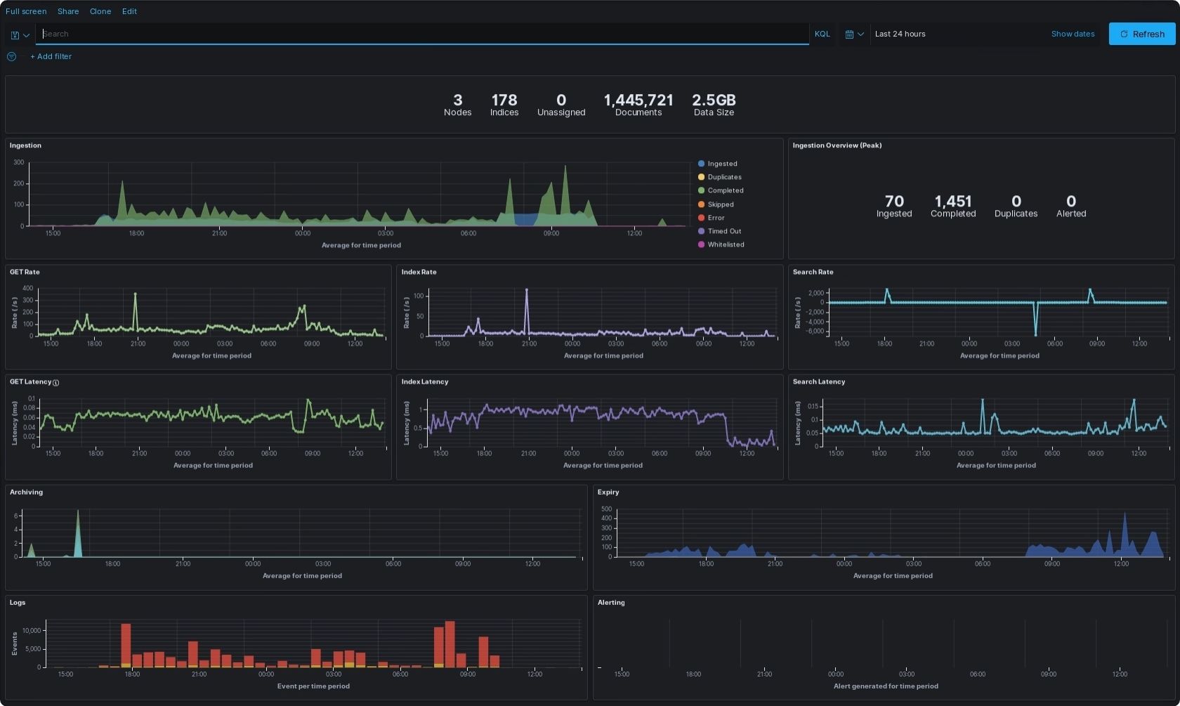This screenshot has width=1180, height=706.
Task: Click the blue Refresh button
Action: click(x=1141, y=34)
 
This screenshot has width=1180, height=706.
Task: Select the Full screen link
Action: click(x=26, y=11)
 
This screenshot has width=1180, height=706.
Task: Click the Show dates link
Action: click(x=1073, y=34)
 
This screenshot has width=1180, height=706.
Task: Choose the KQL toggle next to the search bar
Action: click(x=822, y=34)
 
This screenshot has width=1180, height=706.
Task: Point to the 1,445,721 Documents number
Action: click(x=638, y=100)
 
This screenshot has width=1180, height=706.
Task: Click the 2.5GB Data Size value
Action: click(x=714, y=100)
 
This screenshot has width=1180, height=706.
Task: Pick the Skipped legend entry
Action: click(x=720, y=204)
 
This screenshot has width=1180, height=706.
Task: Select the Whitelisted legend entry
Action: click(x=726, y=244)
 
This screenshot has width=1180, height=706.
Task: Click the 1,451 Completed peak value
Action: click(x=953, y=202)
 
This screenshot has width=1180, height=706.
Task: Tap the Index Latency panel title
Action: click(x=425, y=382)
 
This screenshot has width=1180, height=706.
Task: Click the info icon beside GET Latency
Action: click(x=56, y=383)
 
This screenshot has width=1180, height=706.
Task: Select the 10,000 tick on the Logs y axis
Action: click(x=32, y=631)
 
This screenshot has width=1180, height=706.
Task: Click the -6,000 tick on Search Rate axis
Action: click(x=815, y=332)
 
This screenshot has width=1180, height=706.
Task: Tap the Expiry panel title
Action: click(x=608, y=492)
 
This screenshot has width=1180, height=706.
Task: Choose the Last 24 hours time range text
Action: click(x=900, y=34)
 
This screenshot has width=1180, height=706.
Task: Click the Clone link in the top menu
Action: click(x=100, y=11)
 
